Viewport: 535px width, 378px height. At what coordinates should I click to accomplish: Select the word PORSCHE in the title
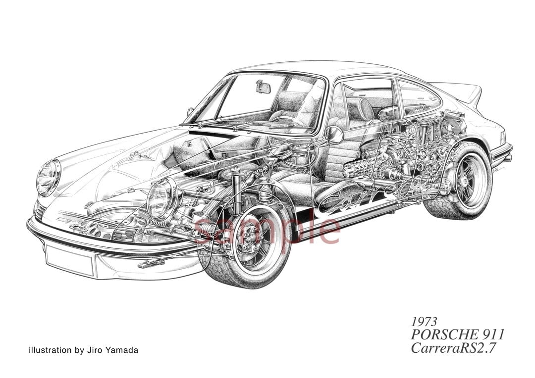tap(442, 334)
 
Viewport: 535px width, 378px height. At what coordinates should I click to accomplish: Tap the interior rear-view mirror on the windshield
tap(263, 87)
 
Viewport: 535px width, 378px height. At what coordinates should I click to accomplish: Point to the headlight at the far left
tap(49, 177)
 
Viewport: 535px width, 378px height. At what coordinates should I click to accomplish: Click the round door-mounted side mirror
tap(334, 135)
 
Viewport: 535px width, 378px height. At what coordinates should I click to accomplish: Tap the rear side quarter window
tap(417, 97)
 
